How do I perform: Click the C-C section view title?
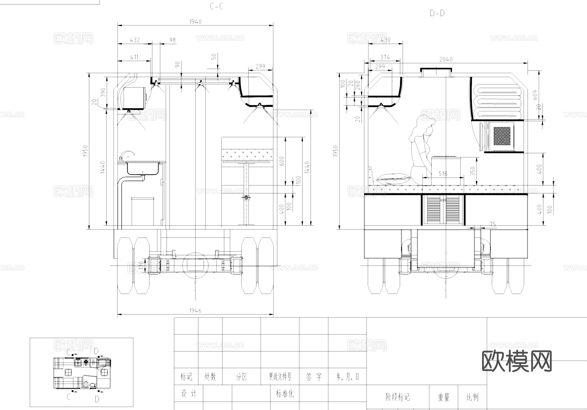tap(217, 7)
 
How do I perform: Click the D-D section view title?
tap(437, 13)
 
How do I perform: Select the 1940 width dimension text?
tap(195, 22)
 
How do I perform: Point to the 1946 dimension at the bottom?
tap(195, 310)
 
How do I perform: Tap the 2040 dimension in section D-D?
tap(446, 59)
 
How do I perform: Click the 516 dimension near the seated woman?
tap(443, 174)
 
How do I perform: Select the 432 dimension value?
tap(135, 40)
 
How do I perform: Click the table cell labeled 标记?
tap(186, 377)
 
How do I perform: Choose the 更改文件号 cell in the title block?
tap(280, 377)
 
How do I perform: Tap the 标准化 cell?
tap(285, 394)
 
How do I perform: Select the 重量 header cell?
tap(444, 397)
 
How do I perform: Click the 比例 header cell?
tap(473, 397)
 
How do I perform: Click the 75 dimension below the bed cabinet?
tap(493, 224)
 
